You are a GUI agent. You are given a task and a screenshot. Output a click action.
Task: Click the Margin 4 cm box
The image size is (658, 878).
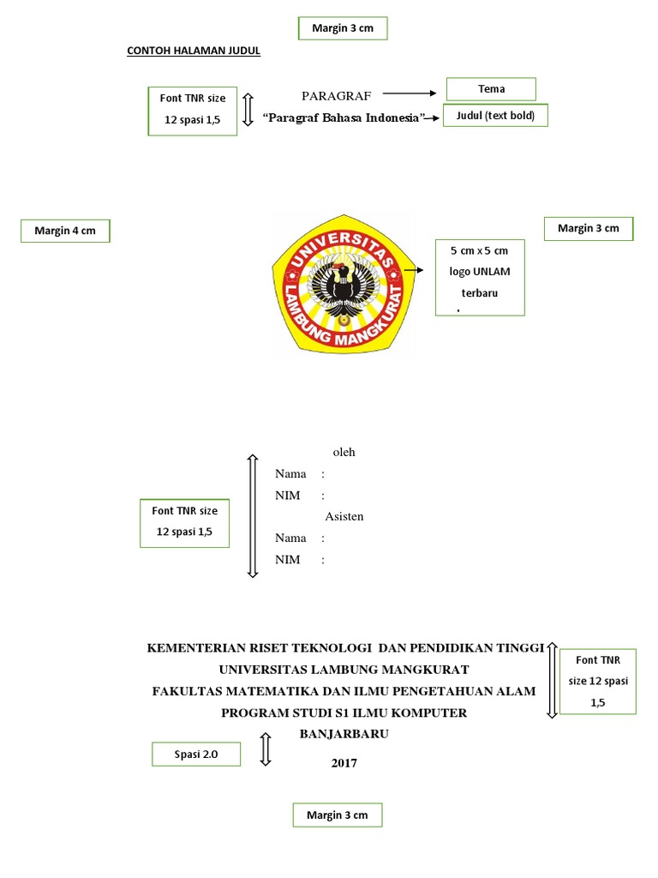[x=65, y=232]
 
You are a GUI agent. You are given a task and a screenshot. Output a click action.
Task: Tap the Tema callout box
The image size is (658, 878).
[x=491, y=89]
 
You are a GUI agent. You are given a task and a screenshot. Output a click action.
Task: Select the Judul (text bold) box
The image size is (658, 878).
[x=495, y=117]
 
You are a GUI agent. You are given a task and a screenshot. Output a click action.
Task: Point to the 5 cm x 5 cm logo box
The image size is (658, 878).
[x=479, y=278]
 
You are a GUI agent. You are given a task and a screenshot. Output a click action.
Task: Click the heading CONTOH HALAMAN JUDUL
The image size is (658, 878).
[x=194, y=51]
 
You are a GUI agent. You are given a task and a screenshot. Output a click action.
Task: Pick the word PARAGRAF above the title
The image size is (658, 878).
[x=336, y=95]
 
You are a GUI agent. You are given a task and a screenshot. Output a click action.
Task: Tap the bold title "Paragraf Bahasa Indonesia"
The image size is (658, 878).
[x=345, y=117]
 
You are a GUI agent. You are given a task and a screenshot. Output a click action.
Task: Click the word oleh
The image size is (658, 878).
[x=344, y=452]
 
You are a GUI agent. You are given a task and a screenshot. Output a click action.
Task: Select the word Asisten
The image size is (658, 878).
[x=344, y=516]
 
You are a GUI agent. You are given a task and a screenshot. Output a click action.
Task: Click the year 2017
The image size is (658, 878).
[x=344, y=762]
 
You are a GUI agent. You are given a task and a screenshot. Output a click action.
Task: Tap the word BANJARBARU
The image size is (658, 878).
[x=344, y=734]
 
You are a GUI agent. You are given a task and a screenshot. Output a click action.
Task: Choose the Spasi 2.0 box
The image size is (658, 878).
[x=196, y=755]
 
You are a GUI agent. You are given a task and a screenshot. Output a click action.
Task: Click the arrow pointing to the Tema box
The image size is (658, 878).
[x=411, y=93]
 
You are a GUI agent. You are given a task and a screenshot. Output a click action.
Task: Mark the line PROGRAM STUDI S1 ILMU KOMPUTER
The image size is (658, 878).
[x=344, y=713]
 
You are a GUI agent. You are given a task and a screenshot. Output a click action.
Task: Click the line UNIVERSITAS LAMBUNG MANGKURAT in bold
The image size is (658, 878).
[x=344, y=669]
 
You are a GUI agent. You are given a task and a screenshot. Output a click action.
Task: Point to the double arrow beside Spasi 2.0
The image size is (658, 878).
[x=266, y=749]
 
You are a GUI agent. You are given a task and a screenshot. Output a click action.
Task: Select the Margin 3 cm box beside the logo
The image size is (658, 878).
[x=589, y=228]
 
